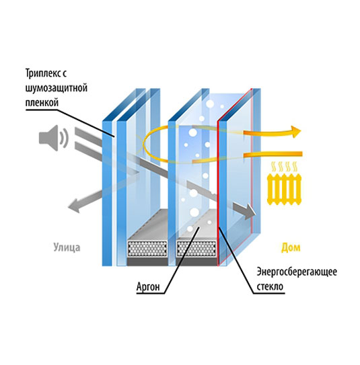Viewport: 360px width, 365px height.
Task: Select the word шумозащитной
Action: (x=56, y=88)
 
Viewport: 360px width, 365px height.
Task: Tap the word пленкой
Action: (x=42, y=102)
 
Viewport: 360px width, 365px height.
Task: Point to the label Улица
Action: (x=67, y=247)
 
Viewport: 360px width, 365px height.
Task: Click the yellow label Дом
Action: (x=291, y=247)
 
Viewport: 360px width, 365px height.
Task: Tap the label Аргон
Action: (x=148, y=286)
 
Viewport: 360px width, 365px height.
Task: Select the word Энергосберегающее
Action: (x=297, y=272)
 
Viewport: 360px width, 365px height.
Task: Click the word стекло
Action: (x=270, y=286)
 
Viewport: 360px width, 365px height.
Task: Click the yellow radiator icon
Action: (x=284, y=190)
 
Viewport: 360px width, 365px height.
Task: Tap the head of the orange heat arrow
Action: (x=295, y=132)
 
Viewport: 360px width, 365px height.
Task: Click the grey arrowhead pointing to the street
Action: (x=75, y=206)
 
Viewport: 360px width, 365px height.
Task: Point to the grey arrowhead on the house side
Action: (x=250, y=211)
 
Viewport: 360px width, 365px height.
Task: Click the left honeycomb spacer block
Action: (x=148, y=249)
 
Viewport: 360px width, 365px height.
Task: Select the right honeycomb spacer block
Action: (x=196, y=249)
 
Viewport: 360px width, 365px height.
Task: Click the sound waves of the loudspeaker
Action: (x=63, y=138)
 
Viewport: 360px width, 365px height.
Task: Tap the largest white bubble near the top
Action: (x=210, y=104)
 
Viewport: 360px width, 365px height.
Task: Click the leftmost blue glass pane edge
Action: (x=107, y=193)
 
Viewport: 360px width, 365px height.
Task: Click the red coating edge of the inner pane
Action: (x=218, y=193)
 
